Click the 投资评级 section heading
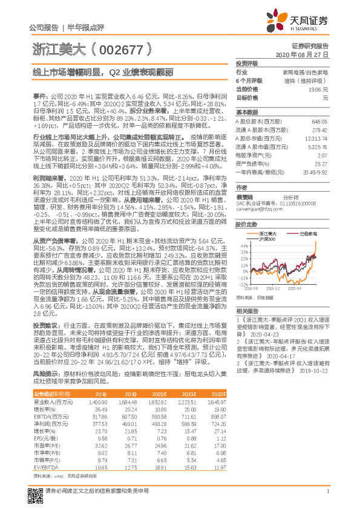pos(247,63)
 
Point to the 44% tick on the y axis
pos(244,229)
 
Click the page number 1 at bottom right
pos(327,491)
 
